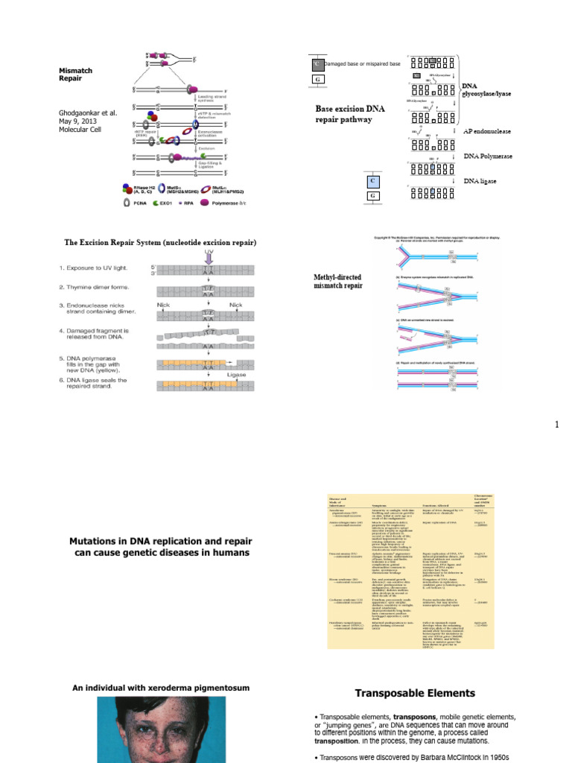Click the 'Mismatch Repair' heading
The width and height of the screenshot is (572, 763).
[76, 74]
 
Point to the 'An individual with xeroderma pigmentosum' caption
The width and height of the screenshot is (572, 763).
[160, 687]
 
